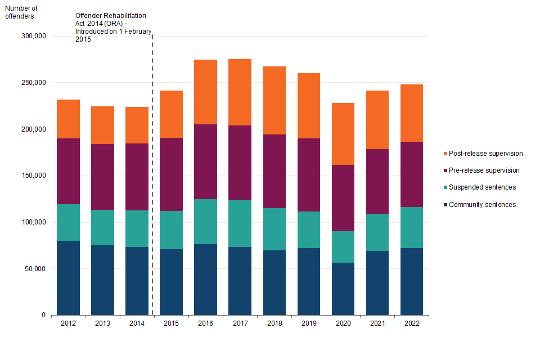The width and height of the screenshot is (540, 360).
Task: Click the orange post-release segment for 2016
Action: [x=205, y=92]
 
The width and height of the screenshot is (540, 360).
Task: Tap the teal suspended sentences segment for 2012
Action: [x=68, y=222]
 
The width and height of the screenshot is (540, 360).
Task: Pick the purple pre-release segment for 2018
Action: [x=274, y=171]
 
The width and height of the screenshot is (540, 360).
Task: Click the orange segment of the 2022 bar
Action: [x=411, y=113]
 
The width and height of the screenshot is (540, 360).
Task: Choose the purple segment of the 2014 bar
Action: [x=137, y=177]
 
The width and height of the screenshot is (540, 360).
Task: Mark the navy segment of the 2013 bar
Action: [x=102, y=280]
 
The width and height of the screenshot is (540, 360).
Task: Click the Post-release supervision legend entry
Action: [x=482, y=154]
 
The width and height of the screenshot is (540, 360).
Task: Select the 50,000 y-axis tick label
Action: [x=35, y=269]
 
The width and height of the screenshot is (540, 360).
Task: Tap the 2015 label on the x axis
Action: [x=171, y=323]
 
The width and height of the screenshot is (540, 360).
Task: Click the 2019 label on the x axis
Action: [x=308, y=323]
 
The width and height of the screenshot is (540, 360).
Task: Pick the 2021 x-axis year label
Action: [x=377, y=323]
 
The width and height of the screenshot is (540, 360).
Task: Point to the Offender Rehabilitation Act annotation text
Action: [x=113, y=28]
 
